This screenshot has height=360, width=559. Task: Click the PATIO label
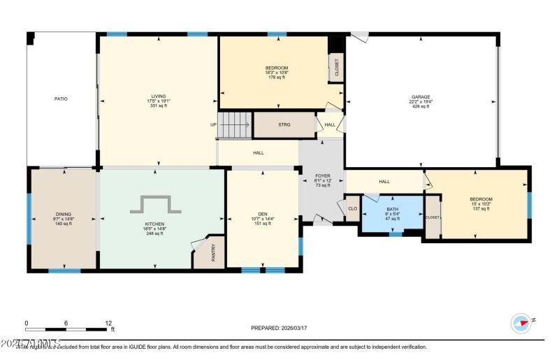61,99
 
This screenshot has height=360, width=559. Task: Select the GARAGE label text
421,97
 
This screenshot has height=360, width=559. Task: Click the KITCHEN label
155,224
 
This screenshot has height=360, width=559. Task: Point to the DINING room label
63,214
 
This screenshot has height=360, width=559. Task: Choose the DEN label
263,214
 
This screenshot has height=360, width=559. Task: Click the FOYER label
321,177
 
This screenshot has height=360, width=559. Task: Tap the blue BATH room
392,214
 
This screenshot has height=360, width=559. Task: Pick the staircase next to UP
235,125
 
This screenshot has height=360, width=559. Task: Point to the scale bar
67,329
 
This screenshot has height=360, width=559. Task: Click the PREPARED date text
279,327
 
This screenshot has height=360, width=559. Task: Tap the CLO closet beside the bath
352,208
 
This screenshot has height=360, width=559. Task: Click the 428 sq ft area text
421,106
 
